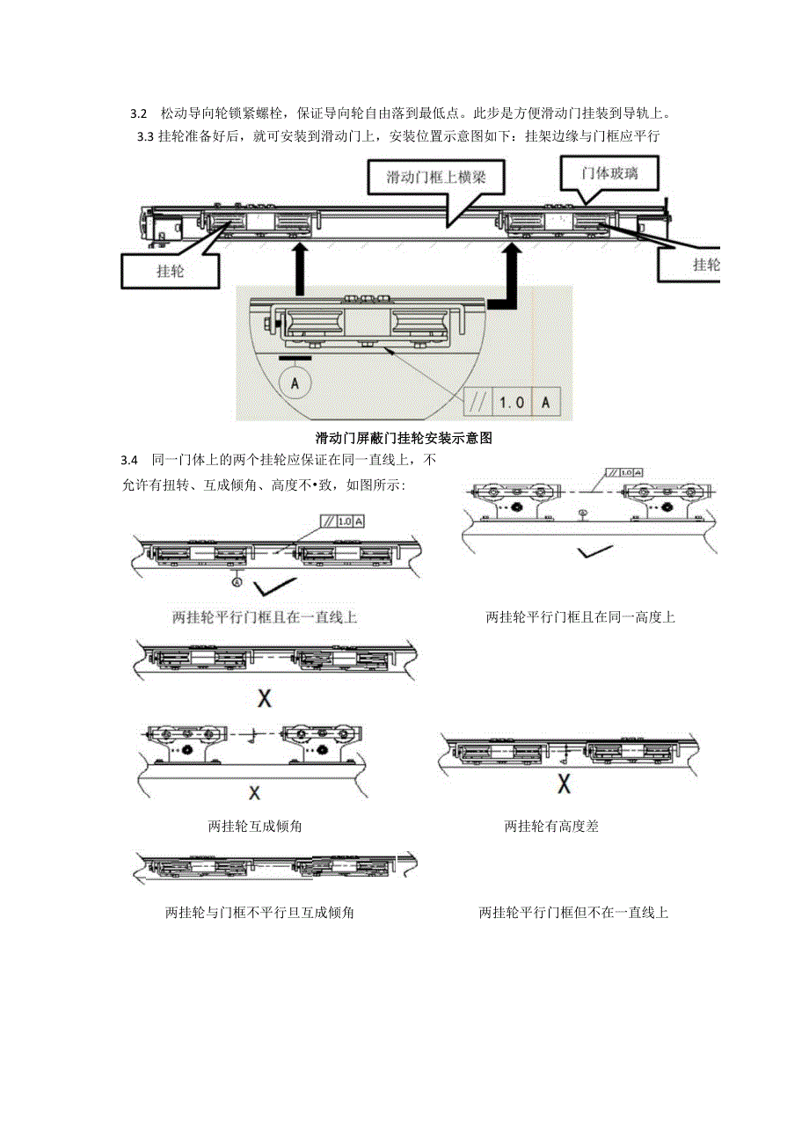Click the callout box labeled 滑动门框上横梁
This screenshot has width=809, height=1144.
tap(435, 179)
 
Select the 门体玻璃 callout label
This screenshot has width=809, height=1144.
tap(609, 174)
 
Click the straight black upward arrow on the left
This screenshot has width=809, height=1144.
tap(300, 269)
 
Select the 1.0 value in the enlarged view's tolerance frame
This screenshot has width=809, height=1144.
tap(512, 402)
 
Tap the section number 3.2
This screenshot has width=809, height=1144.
tap(138, 114)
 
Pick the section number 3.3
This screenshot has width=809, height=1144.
tap(145, 135)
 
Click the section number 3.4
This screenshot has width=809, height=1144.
tap(130, 460)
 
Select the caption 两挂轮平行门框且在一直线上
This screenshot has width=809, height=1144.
tap(265, 617)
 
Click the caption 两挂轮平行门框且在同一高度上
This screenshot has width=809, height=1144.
tap(580, 617)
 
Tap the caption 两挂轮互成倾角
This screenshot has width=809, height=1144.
tap(256, 826)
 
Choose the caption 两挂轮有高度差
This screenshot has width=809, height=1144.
tap(551, 826)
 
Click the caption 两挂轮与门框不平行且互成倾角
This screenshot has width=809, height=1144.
tap(259, 913)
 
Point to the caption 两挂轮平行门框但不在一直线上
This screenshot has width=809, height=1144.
tap(574, 913)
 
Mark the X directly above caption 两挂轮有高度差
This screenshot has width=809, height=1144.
tap(565, 782)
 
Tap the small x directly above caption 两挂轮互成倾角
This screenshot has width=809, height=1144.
tap(254, 792)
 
